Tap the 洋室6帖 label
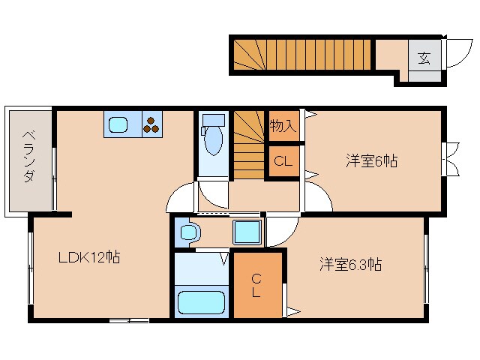pyautogui.click(x=371, y=160)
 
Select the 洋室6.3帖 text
pyautogui.click(x=350, y=265)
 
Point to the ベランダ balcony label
pyautogui.click(x=28, y=157)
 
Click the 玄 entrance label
pyautogui.click(x=424, y=58)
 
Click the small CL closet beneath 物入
pyautogui.click(x=283, y=160)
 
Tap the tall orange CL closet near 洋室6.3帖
pyautogui.click(x=256, y=284)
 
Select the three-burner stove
pyautogui.click(x=151, y=124)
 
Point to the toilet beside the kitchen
pyautogui.click(x=214, y=136)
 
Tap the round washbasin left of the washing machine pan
pyautogui.click(x=187, y=232)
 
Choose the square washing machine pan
pyautogui.click(x=246, y=232)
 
